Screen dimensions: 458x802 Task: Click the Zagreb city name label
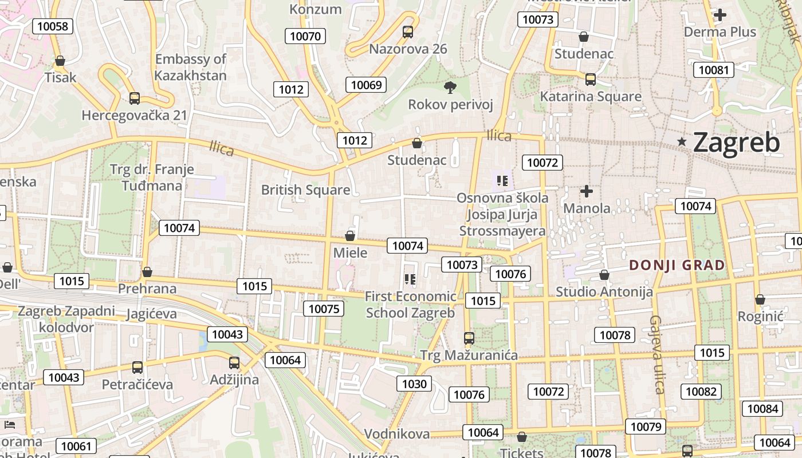point(736,143)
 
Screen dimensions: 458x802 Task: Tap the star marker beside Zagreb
point(682,141)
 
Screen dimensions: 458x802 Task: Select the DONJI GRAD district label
point(677,265)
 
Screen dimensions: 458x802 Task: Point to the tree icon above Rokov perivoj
point(450,87)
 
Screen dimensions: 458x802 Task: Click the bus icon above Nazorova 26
point(408,32)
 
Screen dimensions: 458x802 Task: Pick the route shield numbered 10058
point(53,26)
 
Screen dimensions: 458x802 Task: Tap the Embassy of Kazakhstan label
point(191,67)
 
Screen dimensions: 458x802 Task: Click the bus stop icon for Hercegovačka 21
point(135,98)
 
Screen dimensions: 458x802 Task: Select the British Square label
point(305,190)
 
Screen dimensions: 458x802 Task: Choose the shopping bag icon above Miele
point(350,236)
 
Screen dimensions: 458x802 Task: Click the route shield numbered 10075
point(324,309)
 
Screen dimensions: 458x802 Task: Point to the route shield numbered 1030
point(414,384)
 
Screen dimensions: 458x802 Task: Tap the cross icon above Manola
point(587,191)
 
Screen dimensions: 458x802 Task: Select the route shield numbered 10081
point(713,70)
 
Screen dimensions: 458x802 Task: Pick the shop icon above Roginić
point(760,299)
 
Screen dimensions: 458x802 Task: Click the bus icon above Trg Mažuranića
point(469,338)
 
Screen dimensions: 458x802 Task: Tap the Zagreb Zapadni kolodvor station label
point(66,319)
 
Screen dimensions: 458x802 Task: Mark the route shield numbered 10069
point(366,85)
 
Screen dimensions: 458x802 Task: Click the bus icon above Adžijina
point(234,362)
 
